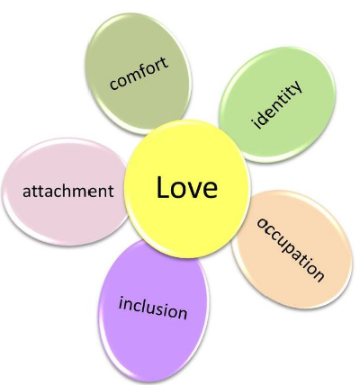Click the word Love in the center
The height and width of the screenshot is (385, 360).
187,187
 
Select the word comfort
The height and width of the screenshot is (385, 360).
139,74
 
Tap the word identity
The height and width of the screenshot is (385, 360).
276,104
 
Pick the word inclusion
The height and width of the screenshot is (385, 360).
153,308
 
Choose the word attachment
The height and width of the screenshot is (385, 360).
68,191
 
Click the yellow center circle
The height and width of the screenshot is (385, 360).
187,189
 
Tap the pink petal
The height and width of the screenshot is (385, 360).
65,192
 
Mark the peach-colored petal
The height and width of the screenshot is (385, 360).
292,250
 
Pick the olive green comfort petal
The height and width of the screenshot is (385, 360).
139,74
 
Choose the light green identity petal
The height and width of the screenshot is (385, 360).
277,104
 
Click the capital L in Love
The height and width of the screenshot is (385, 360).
163,187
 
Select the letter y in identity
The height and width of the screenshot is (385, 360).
296,86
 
